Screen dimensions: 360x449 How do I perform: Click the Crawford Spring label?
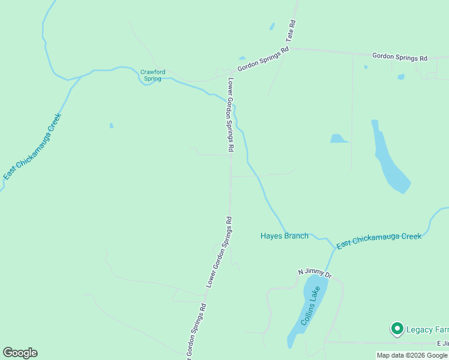pyautogui.click(x=151, y=75)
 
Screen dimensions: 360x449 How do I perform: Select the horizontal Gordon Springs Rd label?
pyautogui.click(x=399, y=58)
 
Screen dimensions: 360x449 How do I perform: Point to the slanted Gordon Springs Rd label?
pyautogui.click(x=263, y=59)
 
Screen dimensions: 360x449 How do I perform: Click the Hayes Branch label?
pyautogui.click(x=285, y=236)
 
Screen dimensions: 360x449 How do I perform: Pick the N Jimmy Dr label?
pyautogui.click(x=315, y=272)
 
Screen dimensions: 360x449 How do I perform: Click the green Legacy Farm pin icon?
pyautogui.click(x=397, y=328)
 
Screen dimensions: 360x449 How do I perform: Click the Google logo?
pyautogui.click(x=20, y=353)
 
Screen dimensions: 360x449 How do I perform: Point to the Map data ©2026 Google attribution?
pyautogui.click(x=412, y=355)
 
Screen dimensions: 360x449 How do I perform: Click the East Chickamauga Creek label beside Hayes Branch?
pyautogui.click(x=379, y=241)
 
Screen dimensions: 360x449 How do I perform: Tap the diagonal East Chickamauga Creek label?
pyautogui.click(x=32, y=146)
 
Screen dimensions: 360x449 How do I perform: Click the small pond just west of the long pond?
pyautogui.click(x=339, y=139)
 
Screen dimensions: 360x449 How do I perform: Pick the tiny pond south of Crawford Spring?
pyautogui.click(x=112, y=125)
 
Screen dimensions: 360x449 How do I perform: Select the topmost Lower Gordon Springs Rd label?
pyautogui.click(x=229, y=114)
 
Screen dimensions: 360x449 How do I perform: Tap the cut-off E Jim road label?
pyautogui.click(x=442, y=343)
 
